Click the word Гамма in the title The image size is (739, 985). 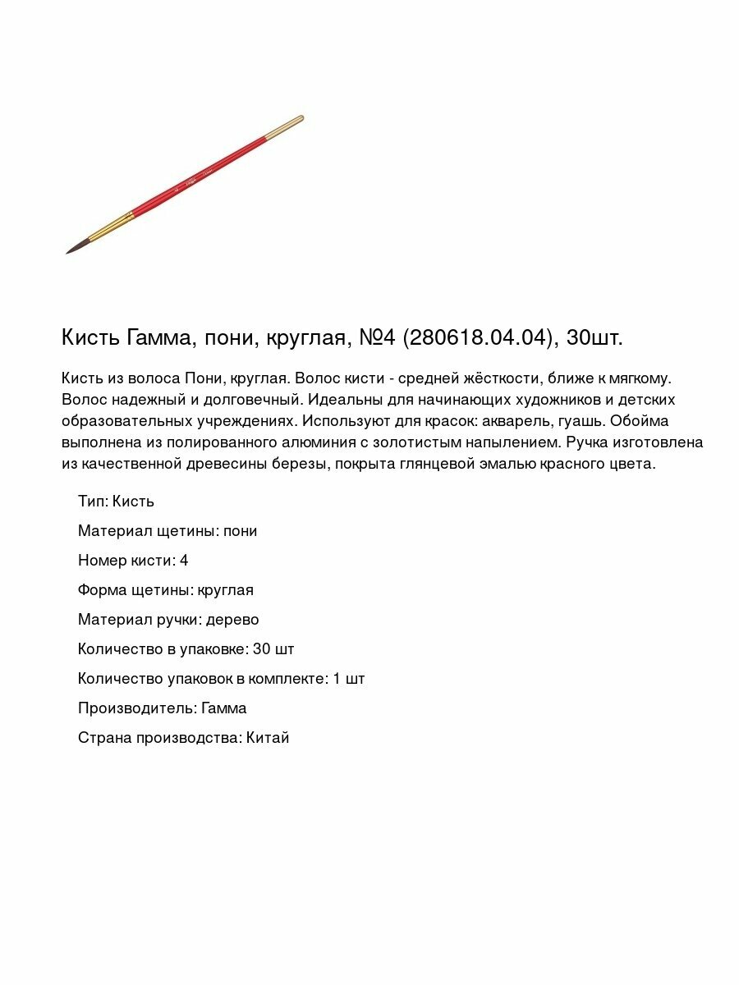point(157,337)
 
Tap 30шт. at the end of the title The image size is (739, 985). point(595,337)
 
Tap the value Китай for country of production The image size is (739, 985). point(268,738)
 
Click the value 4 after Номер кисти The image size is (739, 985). point(184,561)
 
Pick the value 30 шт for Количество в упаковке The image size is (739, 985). point(273,649)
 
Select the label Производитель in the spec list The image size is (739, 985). point(135,708)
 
